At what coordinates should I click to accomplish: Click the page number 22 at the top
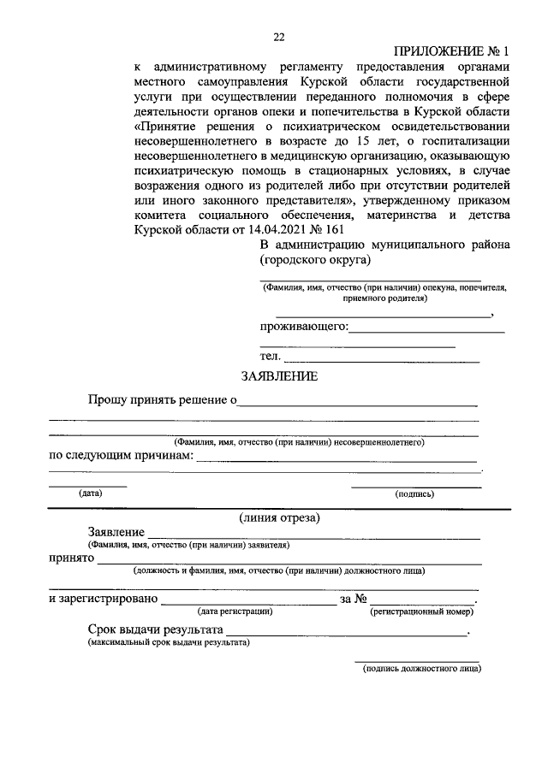278,37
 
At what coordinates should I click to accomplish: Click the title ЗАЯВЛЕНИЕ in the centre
279,375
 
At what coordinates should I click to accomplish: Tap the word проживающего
303,328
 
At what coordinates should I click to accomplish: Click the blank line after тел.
382,360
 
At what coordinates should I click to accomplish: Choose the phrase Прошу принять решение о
162,399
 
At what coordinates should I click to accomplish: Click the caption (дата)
89,493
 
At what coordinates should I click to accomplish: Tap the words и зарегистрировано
103,599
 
